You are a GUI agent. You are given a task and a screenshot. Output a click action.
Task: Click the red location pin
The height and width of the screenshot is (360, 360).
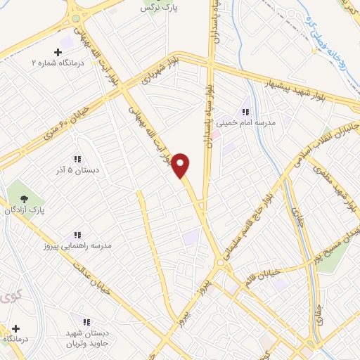coord(181,164)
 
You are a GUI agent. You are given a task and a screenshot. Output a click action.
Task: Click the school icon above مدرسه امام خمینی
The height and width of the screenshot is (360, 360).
coord(245,112)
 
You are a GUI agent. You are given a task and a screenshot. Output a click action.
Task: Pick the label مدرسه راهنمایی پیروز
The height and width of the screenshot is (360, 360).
coord(77,246)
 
